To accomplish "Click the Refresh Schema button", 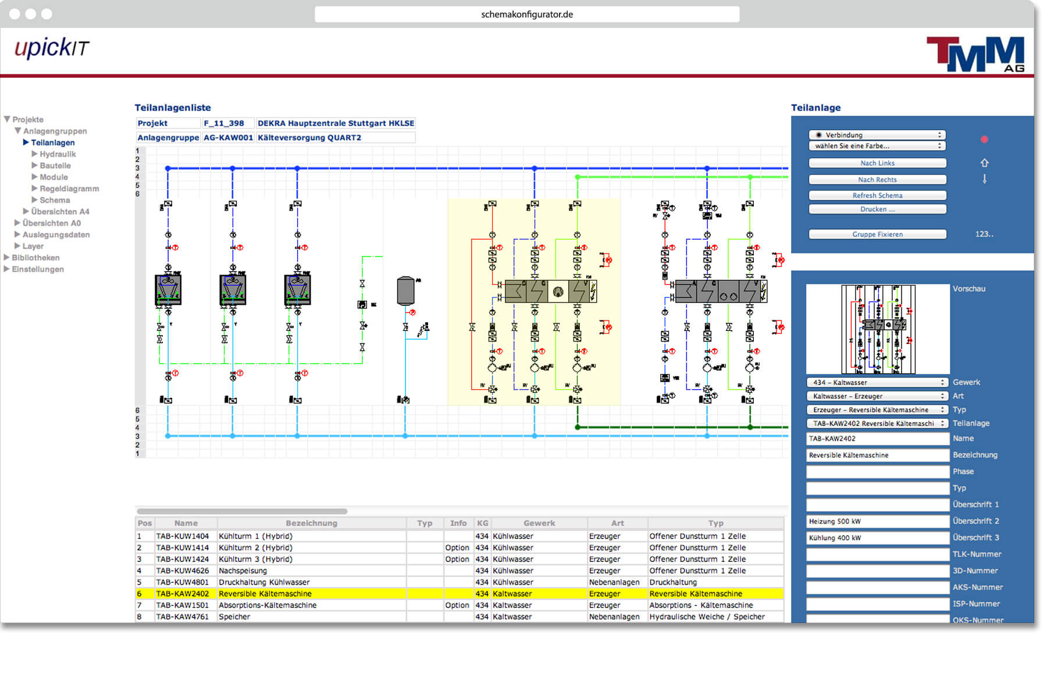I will click(x=877, y=195).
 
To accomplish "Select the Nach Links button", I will click(x=877, y=163).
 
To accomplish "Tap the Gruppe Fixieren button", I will click(x=877, y=234).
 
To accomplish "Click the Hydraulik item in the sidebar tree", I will click(x=58, y=154).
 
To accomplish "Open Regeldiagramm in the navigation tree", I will click(x=69, y=188).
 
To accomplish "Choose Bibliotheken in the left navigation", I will click(x=35, y=258).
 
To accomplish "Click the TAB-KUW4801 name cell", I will click(x=182, y=582).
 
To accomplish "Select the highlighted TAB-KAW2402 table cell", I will click(x=182, y=594).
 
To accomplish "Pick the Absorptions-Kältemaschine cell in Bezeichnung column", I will click(x=268, y=606).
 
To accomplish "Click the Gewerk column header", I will click(x=539, y=523).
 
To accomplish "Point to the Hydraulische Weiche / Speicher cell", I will click(x=707, y=617).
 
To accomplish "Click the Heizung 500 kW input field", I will click(x=877, y=521).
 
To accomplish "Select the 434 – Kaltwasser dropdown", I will click(x=877, y=383).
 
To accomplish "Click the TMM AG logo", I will click(x=975, y=55).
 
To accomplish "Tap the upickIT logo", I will click(x=52, y=48).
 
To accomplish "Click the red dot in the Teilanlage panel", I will click(x=984, y=140).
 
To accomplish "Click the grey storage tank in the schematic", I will click(x=405, y=290).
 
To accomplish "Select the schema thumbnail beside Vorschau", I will click(x=878, y=329).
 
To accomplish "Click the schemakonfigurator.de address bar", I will click(x=527, y=15).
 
